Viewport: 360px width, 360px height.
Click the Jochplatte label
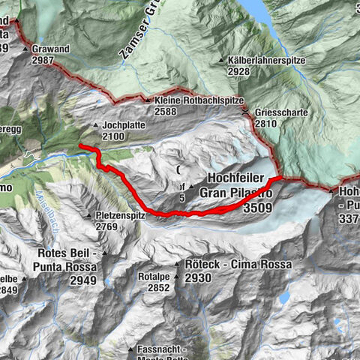122,124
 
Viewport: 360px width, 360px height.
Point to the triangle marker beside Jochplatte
95,124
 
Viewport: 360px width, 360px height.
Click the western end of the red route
79,145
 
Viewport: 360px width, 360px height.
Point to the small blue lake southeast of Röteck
283,298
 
